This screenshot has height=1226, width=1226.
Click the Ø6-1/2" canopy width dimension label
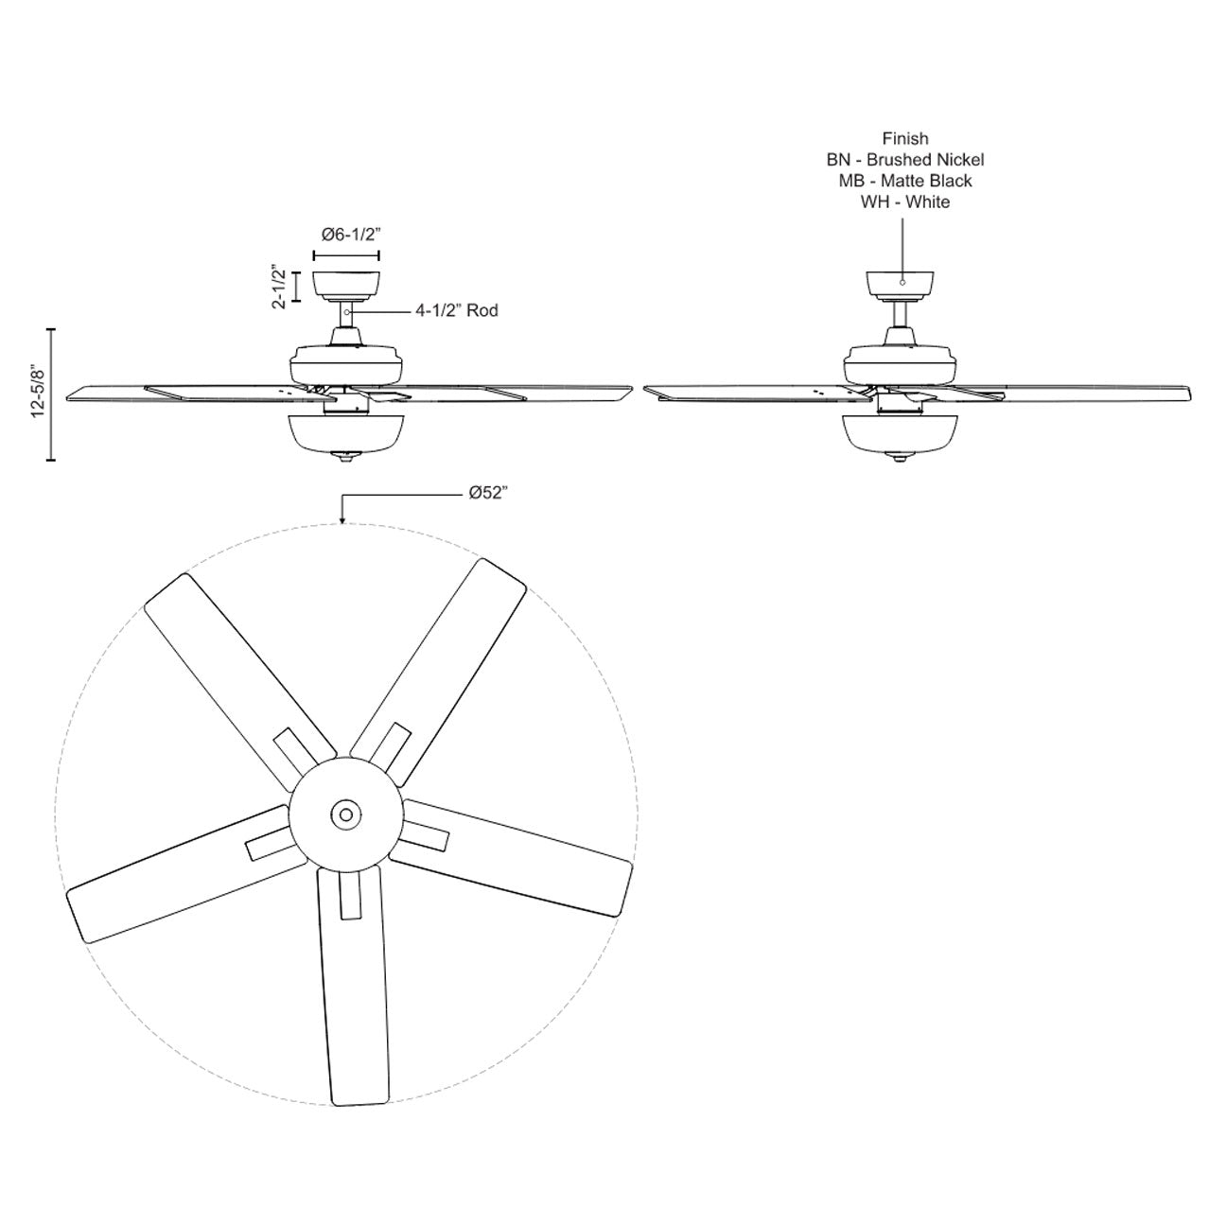click(345, 234)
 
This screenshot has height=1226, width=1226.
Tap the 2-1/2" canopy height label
click(279, 287)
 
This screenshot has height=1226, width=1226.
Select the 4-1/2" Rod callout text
click(456, 310)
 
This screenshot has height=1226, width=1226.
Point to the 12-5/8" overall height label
click(39, 394)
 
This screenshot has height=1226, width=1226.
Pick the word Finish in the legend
click(904, 139)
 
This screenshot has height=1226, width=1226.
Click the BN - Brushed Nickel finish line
click(904, 160)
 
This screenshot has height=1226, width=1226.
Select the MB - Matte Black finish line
click(904, 181)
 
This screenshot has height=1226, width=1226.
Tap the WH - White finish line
click(904, 201)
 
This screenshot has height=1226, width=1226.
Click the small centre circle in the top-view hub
click(343, 814)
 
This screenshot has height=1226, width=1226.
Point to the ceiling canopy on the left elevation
click(345, 284)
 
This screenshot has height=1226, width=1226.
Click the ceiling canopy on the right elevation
click(902, 284)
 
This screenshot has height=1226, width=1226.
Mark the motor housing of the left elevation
click(348, 362)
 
